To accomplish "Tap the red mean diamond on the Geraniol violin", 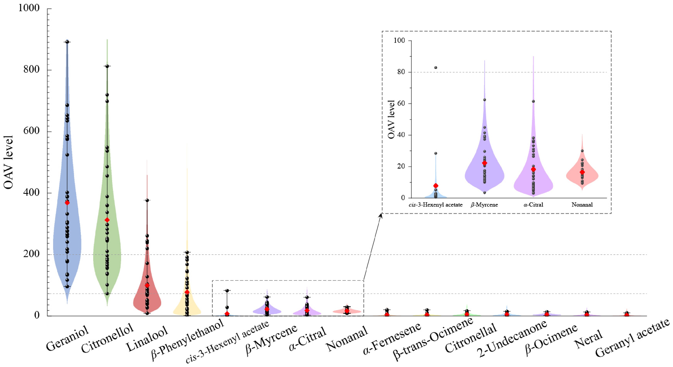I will point(67,203).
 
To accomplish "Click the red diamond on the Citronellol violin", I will point(107,220).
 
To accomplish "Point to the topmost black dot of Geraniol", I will point(67,42).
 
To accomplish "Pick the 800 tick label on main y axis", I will point(31,70).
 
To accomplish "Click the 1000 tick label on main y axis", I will point(29,8).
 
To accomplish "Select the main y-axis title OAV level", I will point(8,162).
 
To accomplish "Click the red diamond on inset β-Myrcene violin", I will point(484,163).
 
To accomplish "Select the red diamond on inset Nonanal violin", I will point(582,172).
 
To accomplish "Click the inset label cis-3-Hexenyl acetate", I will point(436,205).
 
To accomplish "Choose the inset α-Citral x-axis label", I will point(533,205).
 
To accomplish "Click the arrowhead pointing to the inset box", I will point(381,215).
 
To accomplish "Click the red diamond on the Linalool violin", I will point(147,285).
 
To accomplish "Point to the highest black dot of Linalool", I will point(147,200).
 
